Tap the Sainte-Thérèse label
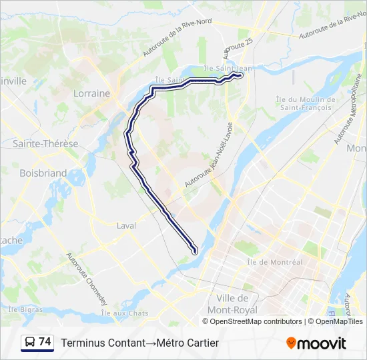tap(45, 143)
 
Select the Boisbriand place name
tap(43, 173)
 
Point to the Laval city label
tap(126, 225)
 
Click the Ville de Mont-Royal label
tap(233, 304)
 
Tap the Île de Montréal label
tap(275, 262)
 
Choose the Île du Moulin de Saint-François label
tap(304, 103)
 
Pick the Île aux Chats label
tap(125, 313)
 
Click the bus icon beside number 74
tap(30, 343)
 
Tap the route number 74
tap(45, 342)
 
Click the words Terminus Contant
tap(103, 343)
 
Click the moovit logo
tap(316, 343)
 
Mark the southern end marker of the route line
tap(195, 251)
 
